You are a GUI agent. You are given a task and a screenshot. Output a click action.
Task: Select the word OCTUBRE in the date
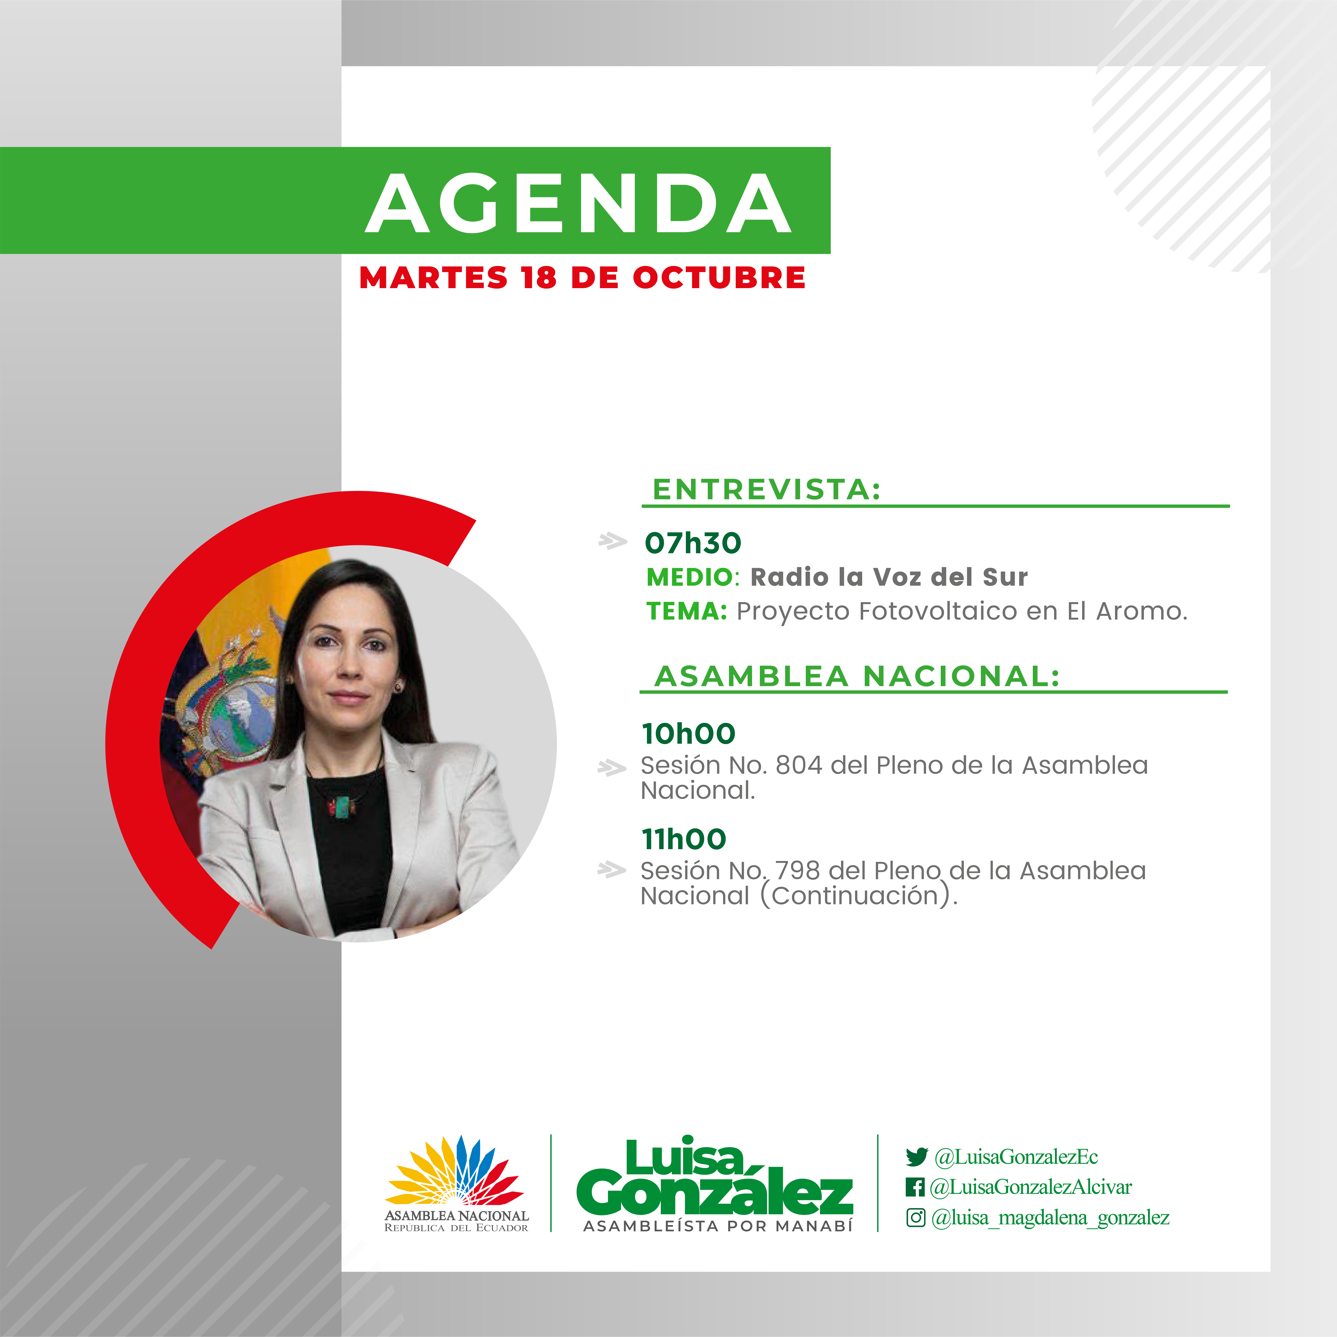(x=719, y=278)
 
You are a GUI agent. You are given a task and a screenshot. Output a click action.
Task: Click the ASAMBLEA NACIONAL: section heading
(x=857, y=676)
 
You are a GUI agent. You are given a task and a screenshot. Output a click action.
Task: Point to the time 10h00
(x=689, y=733)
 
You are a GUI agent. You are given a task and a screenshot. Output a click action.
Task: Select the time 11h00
(x=684, y=839)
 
